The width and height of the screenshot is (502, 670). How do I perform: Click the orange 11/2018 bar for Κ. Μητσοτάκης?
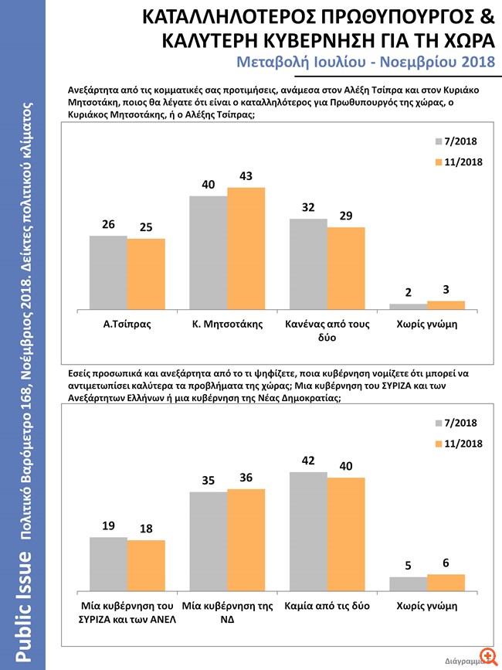tap(246, 248)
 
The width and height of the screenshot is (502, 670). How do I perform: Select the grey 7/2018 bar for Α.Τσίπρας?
tap(108, 272)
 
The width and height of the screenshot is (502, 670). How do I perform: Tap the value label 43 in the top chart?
tap(246, 176)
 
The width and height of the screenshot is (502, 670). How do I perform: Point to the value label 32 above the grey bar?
tap(308, 207)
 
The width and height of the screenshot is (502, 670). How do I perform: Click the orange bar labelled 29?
tap(346, 268)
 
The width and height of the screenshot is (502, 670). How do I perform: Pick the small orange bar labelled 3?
tap(446, 304)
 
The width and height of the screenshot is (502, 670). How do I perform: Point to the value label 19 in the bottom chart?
tap(108, 525)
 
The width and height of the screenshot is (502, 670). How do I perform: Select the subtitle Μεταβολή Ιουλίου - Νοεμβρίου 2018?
tap(362, 61)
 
